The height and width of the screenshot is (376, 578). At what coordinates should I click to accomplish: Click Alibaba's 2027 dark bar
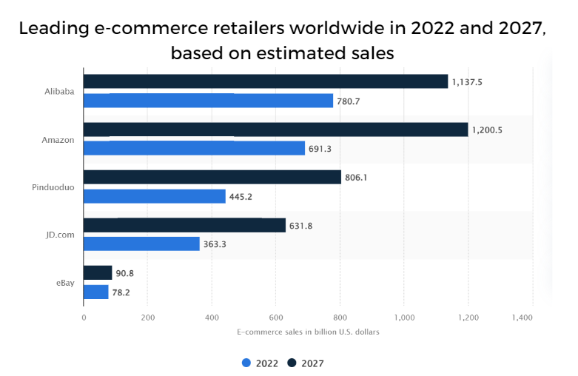click(266, 81)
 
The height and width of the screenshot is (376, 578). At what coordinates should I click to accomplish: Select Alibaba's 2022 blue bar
click(208, 101)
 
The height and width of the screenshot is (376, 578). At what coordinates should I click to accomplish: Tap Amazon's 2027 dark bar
click(275, 130)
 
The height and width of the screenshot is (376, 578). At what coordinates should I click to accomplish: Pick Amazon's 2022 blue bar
click(194, 148)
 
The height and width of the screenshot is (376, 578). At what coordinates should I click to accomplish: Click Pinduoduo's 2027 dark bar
click(212, 178)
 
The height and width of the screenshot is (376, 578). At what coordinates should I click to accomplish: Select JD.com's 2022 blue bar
click(141, 244)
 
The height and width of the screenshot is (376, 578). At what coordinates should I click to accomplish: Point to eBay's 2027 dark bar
click(98, 273)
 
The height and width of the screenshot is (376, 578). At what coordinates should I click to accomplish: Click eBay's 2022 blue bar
click(95, 292)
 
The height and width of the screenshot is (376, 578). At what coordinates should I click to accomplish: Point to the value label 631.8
click(300, 225)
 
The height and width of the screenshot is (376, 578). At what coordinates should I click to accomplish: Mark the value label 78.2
click(121, 292)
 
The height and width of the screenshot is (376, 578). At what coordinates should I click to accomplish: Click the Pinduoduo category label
click(54, 187)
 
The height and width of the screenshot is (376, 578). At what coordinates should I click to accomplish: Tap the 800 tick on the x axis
click(340, 317)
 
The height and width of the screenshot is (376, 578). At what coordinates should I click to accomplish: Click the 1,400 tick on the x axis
click(522, 317)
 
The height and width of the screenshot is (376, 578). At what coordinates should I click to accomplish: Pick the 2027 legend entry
click(306, 363)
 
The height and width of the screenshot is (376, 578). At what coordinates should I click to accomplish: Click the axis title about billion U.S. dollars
click(308, 332)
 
